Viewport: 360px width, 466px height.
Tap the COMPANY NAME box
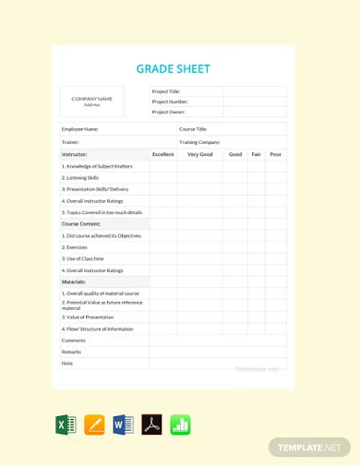click(x=92, y=101)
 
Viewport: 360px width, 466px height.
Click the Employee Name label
click(x=80, y=129)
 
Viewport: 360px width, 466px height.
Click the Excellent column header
click(x=162, y=154)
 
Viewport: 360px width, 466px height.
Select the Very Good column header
click(x=199, y=154)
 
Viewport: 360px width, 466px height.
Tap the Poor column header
click(x=275, y=154)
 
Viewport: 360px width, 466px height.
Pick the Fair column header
click(x=256, y=154)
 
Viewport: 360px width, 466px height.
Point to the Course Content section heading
click(x=81, y=223)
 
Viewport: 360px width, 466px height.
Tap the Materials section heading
click(x=74, y=281)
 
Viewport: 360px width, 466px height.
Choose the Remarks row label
click(x=71, y=352)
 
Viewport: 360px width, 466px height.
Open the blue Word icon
click(x=123, y=425)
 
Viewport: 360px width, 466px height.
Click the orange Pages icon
click(x=94, y=425)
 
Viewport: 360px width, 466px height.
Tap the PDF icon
click(x=151, y=425)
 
